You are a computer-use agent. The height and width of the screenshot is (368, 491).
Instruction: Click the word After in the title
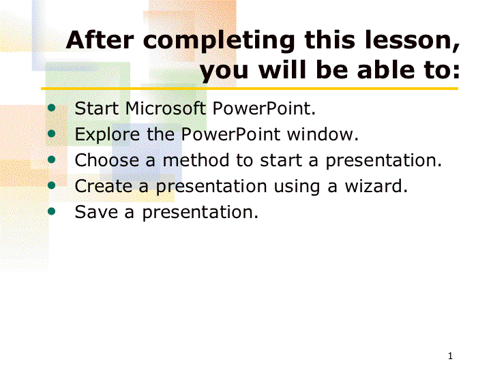click(x=100, y=40)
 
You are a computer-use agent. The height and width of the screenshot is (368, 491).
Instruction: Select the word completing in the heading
click(x=219, y=42)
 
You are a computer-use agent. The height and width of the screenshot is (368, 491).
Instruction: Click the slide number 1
click(x=450, y=356)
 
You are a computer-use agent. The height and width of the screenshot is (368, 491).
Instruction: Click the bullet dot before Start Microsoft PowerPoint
click(x=51, y=108)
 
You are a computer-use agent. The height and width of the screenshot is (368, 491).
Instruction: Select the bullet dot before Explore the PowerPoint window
click(x=51, y=134)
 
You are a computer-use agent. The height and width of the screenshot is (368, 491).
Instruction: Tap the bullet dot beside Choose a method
click(x=51, y=160)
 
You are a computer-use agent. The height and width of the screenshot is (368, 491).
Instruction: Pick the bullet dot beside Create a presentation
click(x=51, y=185)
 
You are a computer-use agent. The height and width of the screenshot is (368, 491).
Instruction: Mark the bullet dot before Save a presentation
click(x=51, y=211)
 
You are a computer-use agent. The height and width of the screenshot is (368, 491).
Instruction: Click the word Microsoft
click(x=165, y=108)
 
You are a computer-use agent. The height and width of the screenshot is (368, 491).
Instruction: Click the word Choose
click(x=107, y=160)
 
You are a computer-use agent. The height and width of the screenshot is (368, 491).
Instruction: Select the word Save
click(x=96, y=212)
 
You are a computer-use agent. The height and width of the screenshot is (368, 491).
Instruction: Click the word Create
click(x=104, y=186)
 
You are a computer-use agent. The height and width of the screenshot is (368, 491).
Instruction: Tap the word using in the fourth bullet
click(x=297, y=187)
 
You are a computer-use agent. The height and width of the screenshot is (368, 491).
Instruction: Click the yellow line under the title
click(x=250, y=89)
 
